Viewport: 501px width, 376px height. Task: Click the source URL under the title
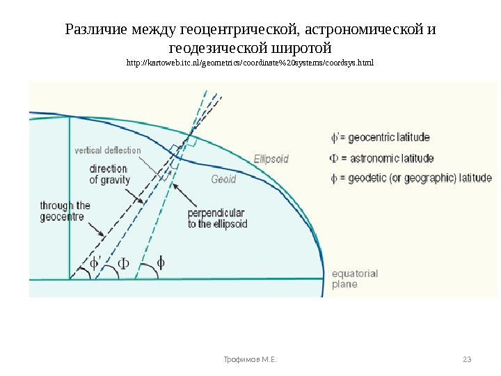[250, 63]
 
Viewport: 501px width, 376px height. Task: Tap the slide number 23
[467, 359]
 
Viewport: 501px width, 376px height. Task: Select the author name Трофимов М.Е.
[250, 359]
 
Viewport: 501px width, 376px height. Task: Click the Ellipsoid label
[271, 159]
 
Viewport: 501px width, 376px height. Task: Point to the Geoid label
[223, 179]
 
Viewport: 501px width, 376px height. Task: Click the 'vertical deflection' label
[108, 150]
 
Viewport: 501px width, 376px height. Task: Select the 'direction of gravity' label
[110, 174]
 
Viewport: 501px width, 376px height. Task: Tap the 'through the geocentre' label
[65, 211]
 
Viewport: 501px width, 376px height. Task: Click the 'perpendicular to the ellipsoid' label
[217, 219]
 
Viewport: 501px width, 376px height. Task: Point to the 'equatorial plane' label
[354, 279]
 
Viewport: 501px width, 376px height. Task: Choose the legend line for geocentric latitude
[380, 137]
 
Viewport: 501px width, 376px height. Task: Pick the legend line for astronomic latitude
[382, 158]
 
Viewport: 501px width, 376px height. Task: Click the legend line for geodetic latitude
[411, 178]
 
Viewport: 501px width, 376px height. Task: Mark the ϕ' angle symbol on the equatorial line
[96, 263]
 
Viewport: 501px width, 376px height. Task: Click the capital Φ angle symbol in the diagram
[122, 263]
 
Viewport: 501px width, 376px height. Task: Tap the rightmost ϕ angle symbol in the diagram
[161, 263]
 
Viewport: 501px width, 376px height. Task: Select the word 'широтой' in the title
[301, 49]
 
